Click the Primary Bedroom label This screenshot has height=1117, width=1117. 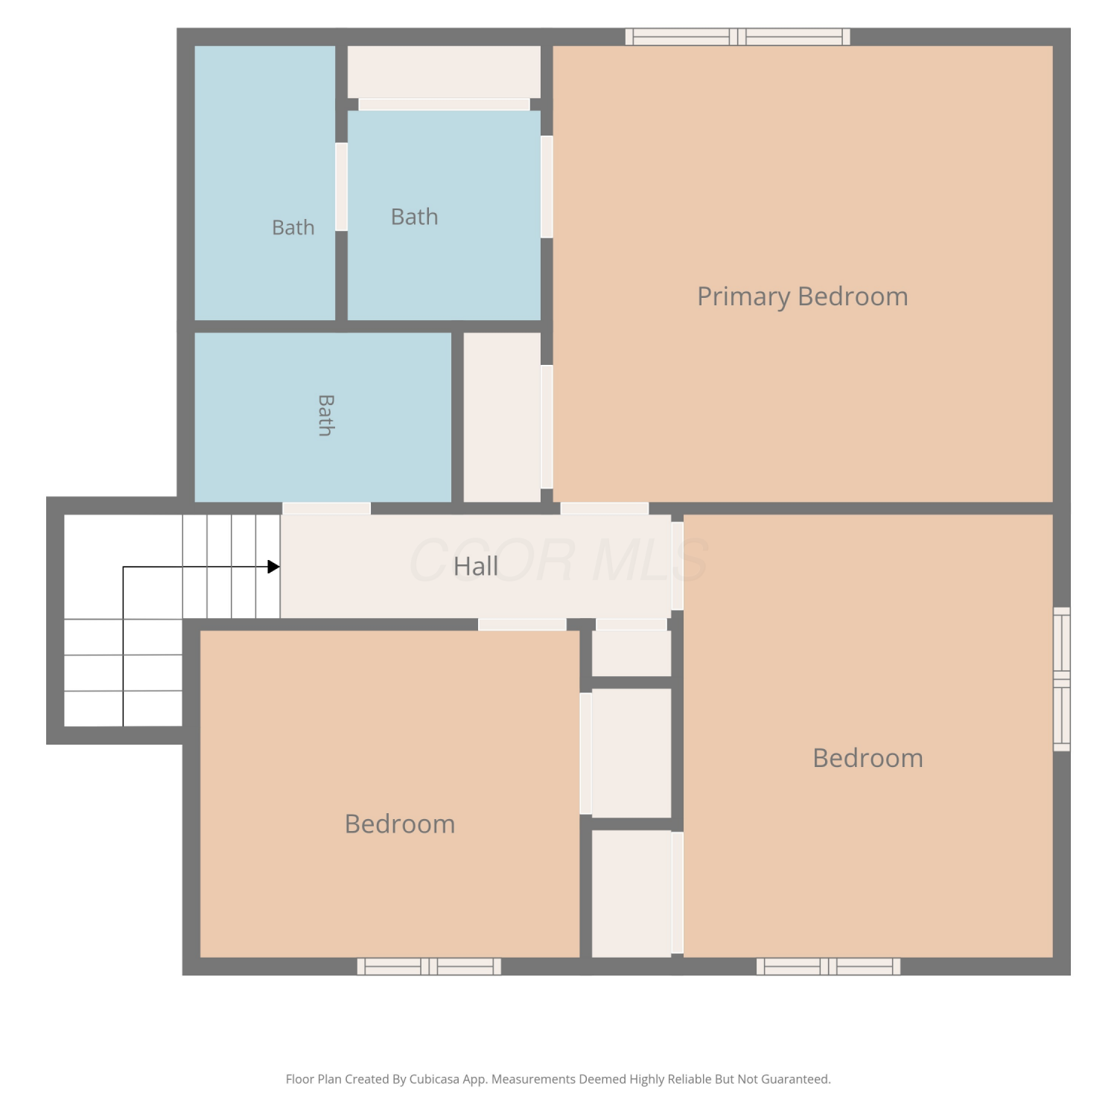pyautogui.click(x=802, y=296)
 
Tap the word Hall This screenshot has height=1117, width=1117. pyautogui.click(x=476, y=566)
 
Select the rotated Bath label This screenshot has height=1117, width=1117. pyautogui.click(x=325, y=415)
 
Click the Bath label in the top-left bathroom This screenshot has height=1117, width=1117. pyautogui.click(x=293, y=227)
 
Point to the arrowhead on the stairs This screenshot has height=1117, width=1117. pyautogui.click(x=273, y=567)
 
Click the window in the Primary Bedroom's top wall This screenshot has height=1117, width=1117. pyautogui.click(x=737, y=36)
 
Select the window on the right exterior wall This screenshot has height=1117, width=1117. pyautogui.click(x=1061, y=679)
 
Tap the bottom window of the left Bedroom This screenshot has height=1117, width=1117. pyautogui.click(x=429, y=967)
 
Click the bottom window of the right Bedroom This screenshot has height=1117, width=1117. pyautogui.click(x=828, y=967)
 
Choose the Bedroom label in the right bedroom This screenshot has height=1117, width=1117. pyautogui.click(x=868, y=758)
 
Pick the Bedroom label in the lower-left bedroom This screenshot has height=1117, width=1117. pyautogui.click(x=400, y=824)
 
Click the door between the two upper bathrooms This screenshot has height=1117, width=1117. pyautogui.click(x=341, y=187)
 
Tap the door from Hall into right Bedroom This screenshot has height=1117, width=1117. pyautogui.click(x=677, y=566)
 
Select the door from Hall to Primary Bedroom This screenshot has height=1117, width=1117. pyautogui.click(x=605, y=509)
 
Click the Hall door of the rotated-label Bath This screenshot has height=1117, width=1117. pyautogui.click(x=326, y=509)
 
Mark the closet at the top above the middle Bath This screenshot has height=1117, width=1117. pyautogui.click(x=444, y=71)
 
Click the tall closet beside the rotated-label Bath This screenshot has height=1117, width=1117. pyautogui.click(x=502, y=417)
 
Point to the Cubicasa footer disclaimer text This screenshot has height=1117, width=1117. pyautogui.click(x=558, y=1079)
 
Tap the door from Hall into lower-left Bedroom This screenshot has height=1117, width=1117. pyautogui.click(x=522, y=624)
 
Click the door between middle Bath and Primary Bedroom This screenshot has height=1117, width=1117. pyautogui.click(x=547, y=187)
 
